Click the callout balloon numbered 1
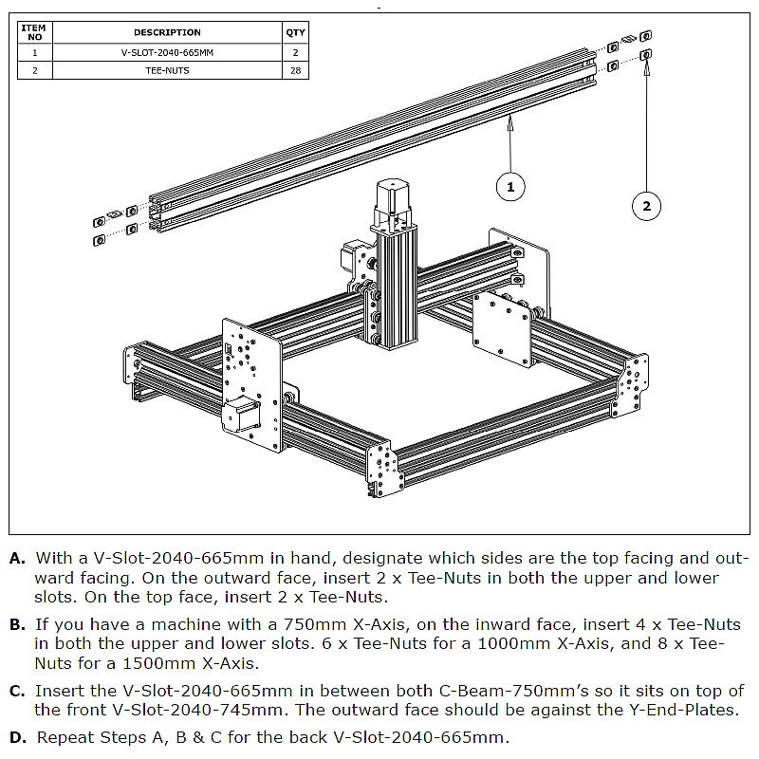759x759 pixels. [510, 187]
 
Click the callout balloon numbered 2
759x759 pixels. [646, 206]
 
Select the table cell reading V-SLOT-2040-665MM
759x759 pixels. [167, 53]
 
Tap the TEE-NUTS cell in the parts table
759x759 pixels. [167, 70]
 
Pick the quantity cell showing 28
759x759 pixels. [296, 70]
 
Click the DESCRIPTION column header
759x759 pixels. [167, 32]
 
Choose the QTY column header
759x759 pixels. [296, 32]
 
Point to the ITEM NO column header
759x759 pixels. [35, 32]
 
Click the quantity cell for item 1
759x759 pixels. [296, 53]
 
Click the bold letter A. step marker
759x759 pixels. [18, 559]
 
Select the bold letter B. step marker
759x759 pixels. [18, 625]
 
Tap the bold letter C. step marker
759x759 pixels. [18, 692]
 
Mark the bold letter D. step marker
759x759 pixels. [18, 737]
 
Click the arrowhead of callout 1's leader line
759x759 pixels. [510, 118]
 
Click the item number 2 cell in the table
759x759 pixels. [35, 70]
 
